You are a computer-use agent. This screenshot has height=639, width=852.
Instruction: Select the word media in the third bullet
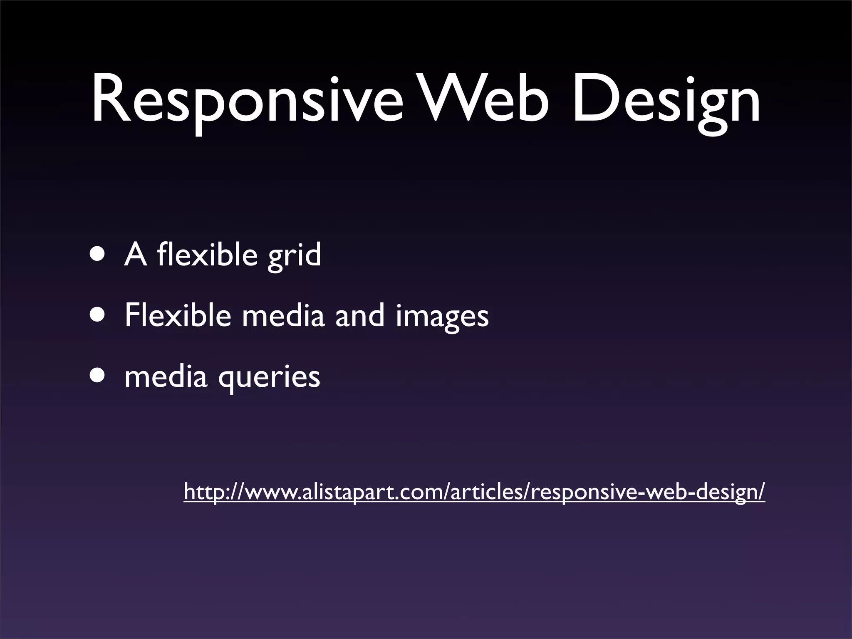point(166,376)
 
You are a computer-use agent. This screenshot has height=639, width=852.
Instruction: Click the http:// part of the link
point(210,492)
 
